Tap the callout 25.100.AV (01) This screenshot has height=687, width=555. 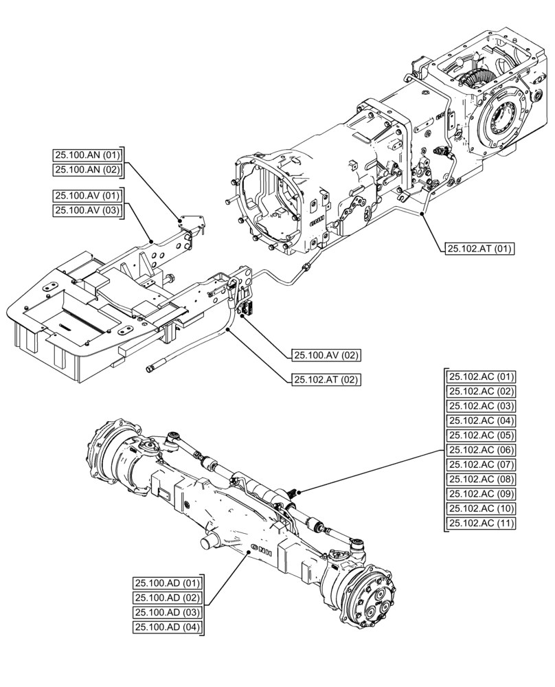click(87, 196)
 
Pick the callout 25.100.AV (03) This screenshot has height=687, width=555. click(87, 211)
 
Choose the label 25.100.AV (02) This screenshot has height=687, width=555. click(326, 355)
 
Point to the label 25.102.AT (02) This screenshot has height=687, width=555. click(326, 379)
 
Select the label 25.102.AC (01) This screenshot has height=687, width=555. click(482, 376)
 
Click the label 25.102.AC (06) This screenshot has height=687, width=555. click(482, 450)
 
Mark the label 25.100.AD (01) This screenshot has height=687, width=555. click(167, 583)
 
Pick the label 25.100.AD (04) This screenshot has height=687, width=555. click(167, 627)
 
